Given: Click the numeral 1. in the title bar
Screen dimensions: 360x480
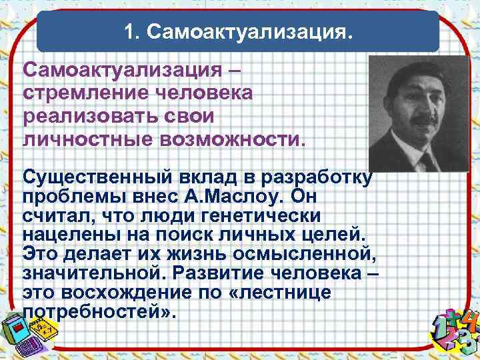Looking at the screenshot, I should click(131, 32).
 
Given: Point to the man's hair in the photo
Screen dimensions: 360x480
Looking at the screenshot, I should click(413, 70).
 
